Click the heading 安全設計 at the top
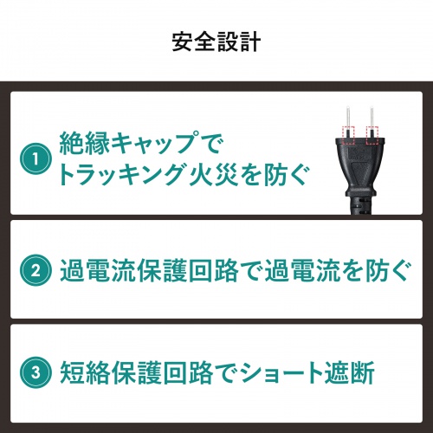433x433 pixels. click(x=216, y=42)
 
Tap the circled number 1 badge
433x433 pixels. click(x=36, y=159)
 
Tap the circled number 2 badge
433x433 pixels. click(x=36, y=268)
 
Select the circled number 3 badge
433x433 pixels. click(x=36, y=376)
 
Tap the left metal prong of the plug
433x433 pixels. click(x=347, y=118)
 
